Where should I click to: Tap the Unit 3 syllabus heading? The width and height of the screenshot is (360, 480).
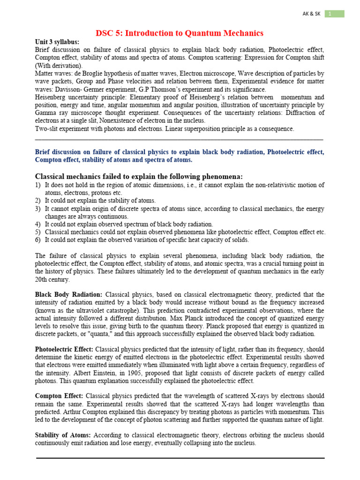click(57, 42)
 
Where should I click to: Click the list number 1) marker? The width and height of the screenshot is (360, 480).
click(38, 185)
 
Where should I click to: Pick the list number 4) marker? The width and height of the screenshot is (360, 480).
click(38, 225)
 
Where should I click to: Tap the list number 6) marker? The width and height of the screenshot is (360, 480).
click(38, 240)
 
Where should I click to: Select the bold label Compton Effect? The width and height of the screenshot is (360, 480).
click(59, 396)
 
